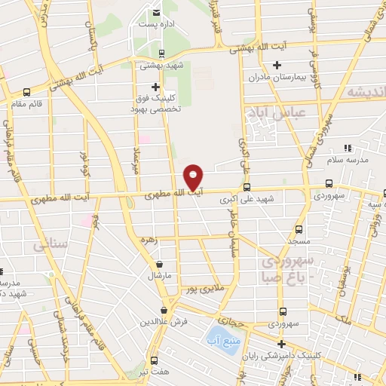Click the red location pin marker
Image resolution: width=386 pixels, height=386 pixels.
tap(194, 176)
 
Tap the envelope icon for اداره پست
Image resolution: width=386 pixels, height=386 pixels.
tap(156, 13)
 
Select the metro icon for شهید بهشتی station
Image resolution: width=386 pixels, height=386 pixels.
tap(162, 53)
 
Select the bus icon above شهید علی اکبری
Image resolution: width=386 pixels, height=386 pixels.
tap(247, 188)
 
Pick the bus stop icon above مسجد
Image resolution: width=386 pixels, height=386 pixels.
tap(299, 228)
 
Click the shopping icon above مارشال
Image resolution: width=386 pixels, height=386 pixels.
tap(160, 264)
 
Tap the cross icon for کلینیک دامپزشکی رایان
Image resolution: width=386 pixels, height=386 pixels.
tap(278, 344)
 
